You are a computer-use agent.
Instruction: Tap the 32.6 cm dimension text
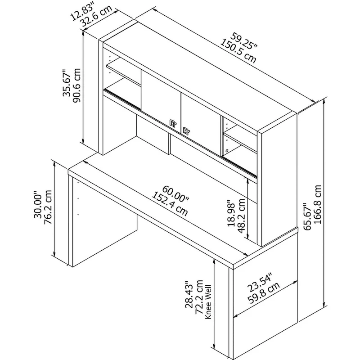(95, 16)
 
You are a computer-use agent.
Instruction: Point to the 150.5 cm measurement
(238, 51)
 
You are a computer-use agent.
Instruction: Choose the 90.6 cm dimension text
(77, 85)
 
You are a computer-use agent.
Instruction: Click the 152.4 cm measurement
(170, 204)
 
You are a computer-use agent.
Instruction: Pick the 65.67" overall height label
(307, 216)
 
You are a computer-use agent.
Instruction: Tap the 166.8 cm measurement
(318, 205)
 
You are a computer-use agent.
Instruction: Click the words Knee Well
(208, 302)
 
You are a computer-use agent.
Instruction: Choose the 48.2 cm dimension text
(242, 216)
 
